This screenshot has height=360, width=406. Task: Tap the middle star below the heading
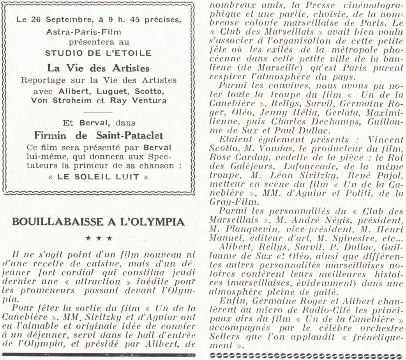(99, 238)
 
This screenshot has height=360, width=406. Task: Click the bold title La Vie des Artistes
(98, 68)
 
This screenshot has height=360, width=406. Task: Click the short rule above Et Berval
(98, 112)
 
